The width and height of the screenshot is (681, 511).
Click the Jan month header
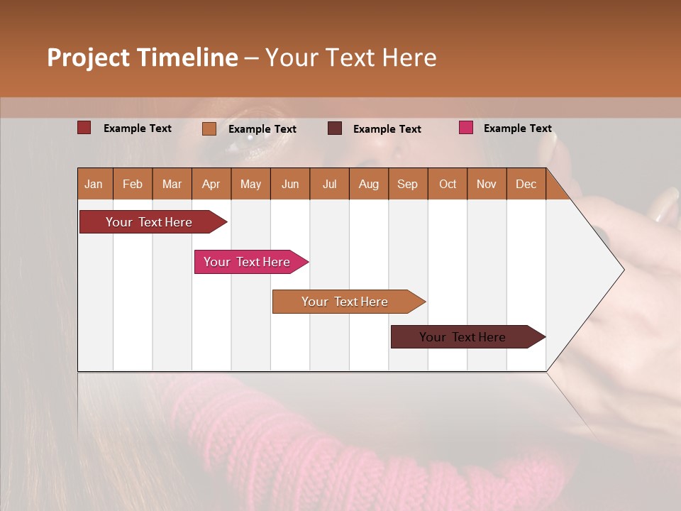click(x=94, y=184)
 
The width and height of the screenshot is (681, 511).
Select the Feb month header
click(x=133, y=184)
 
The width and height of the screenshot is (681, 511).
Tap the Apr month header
click(x=211, y=184)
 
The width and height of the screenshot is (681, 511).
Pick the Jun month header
click(x=290, y=184)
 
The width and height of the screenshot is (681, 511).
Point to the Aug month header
click(x=369, y=184)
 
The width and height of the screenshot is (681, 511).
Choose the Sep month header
click(x=408, y=184)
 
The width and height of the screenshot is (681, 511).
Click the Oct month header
click(x=448, y=184)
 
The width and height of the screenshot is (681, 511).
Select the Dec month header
click(x=526, y=184)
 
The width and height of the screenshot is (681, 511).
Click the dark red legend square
click(x=84, y=128)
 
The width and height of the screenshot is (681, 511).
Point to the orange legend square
click(x=209, y=128)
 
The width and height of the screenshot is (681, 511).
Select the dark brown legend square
click(x=335, y=128)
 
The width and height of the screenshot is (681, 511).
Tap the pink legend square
click(x=466, y=128)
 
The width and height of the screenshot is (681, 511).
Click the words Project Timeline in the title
click(x=143, y=57)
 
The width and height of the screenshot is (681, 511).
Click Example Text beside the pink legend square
click(x=518, y=128)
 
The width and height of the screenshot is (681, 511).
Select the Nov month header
click(x=487, y=184)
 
